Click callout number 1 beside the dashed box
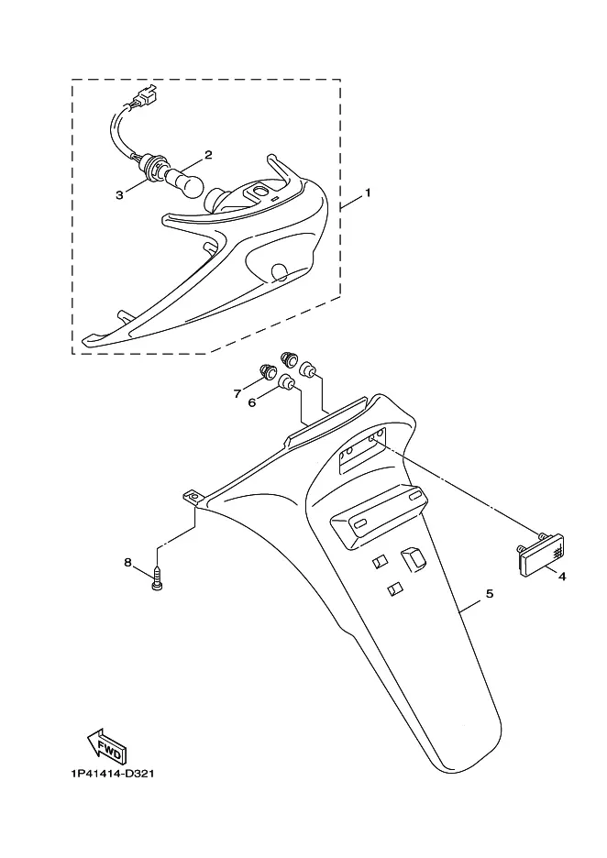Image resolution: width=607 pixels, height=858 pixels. point(369,193)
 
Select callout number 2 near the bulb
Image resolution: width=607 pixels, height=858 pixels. point(208,155)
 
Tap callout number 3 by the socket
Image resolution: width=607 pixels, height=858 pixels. point(119,195)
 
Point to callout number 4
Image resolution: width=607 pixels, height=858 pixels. point(561,577)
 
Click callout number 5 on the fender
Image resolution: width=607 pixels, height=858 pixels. point(490,593)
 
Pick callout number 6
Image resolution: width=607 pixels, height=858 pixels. point(252,402)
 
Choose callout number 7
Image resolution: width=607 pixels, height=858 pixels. point(237,393)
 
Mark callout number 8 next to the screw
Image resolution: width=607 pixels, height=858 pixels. point(127,562)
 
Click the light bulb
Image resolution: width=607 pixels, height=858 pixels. point(184,183)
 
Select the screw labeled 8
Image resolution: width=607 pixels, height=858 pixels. point(158,580)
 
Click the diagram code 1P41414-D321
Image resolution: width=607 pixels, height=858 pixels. point(112,774)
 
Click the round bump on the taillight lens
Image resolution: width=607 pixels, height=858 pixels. point(281,271)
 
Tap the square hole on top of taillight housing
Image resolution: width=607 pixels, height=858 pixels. point(258,191)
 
